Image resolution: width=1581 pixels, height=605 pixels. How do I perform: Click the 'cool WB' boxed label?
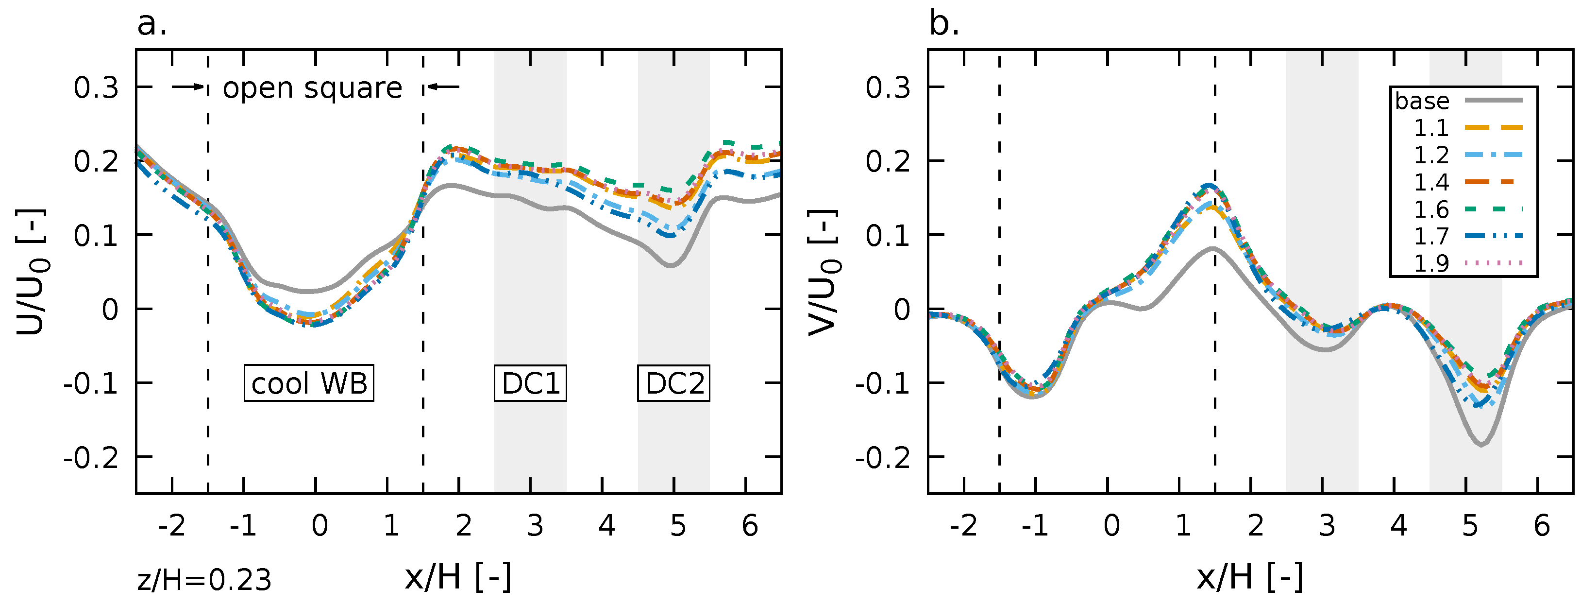(x=309, y=383)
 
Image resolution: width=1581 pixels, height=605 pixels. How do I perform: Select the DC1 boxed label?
(x=530, y=383)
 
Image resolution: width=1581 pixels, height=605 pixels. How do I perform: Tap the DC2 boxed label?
(x=674, y=383)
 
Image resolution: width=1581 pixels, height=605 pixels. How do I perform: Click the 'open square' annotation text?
(x=312, y=88)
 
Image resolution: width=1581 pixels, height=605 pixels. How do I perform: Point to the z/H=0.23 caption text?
(x=204, y=580)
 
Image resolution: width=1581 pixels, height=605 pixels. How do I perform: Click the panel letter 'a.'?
(x=151, y=25)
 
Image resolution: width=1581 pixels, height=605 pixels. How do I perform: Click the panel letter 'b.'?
(x=944, y=25)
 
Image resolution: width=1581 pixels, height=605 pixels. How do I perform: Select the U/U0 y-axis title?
(x=31, y=272)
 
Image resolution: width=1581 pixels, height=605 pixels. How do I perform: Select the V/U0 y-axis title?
(x=823, y=272)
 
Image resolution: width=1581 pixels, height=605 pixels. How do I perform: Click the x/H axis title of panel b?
(x=1249, y=577)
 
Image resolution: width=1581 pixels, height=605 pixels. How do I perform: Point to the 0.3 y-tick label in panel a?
(x=96, y=88)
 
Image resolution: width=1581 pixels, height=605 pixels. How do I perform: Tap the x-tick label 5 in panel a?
(x=677, y=525)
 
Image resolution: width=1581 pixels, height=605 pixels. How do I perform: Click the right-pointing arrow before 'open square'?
(x=187, y=86)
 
